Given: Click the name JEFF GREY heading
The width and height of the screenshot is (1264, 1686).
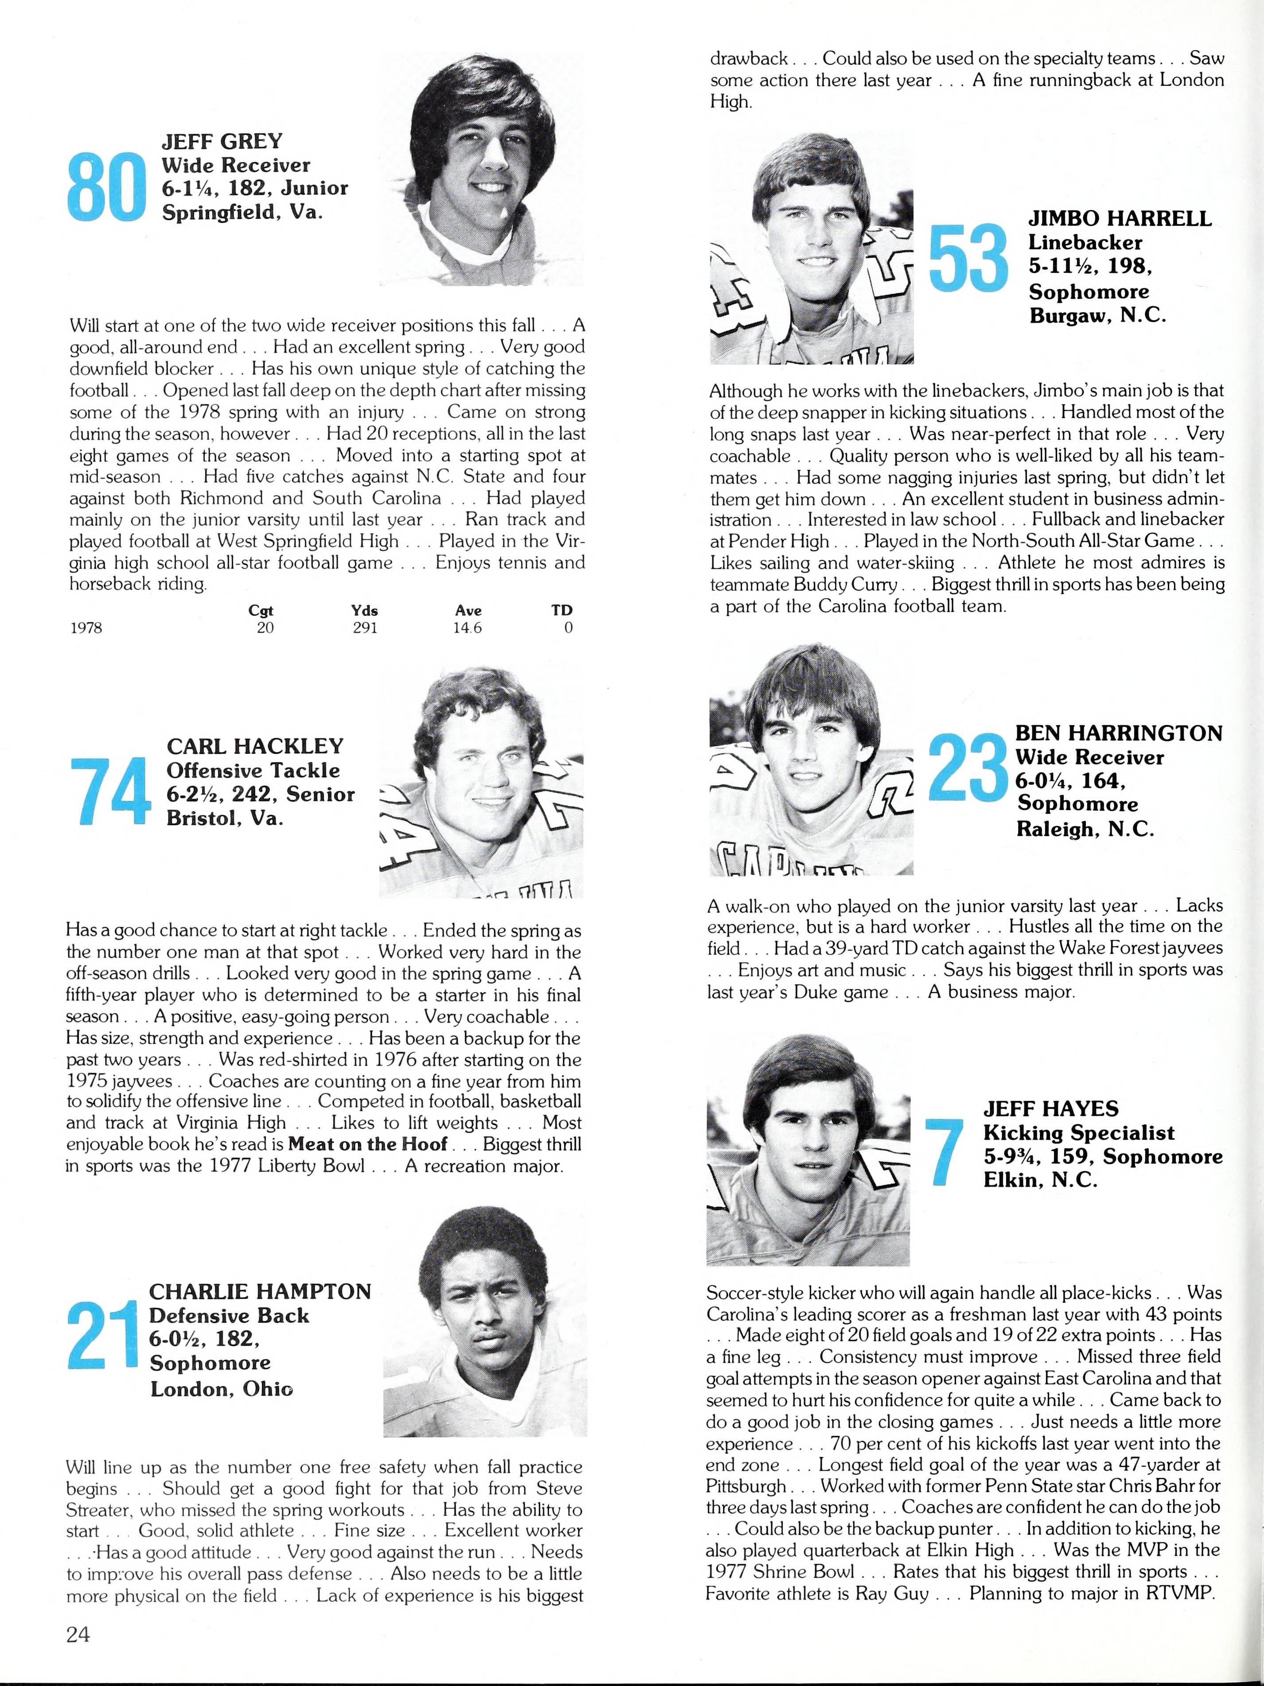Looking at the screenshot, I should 222,141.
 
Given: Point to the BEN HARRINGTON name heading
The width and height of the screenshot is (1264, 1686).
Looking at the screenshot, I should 1118,733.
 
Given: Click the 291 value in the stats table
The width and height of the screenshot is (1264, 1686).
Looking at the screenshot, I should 365,628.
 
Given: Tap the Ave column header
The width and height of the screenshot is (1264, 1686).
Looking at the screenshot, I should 468,611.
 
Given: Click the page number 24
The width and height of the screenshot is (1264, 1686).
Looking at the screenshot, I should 78,1633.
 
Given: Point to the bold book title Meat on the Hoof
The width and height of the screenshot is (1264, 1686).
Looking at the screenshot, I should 367,1144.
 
